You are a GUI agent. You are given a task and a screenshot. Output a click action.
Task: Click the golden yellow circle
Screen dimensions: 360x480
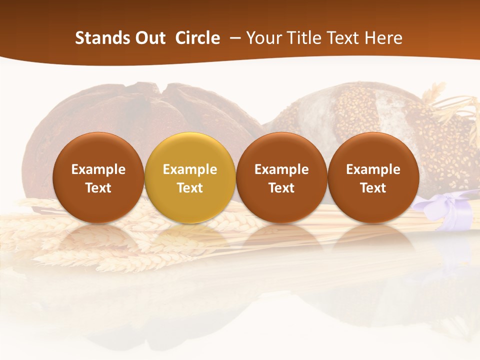coord(190,177)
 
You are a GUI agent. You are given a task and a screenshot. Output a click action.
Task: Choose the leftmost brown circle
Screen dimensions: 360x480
coord(98,177)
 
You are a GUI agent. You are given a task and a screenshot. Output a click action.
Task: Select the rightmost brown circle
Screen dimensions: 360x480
coord(373,177)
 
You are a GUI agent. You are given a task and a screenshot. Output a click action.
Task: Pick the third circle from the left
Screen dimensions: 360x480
coord(281,177)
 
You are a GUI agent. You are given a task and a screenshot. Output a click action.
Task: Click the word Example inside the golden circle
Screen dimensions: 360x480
coord(190,169)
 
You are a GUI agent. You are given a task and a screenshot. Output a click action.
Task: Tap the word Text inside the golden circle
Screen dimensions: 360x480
coord(190,188)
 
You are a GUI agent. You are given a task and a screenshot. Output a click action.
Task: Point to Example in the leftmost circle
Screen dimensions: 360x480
coord(98,169)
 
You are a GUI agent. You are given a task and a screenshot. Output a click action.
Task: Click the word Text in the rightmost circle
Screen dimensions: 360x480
coord(373,188)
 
